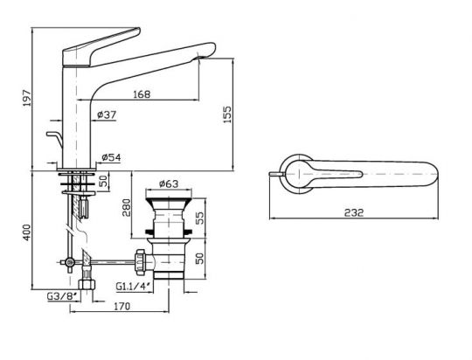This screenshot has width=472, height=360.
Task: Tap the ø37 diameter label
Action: (x=109, y=114)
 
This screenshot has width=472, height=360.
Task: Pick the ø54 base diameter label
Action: (x=111, y=157)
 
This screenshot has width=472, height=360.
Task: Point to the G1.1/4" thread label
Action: (x=133, y=286)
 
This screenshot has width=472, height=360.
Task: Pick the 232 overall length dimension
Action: (x=354, y=212)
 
